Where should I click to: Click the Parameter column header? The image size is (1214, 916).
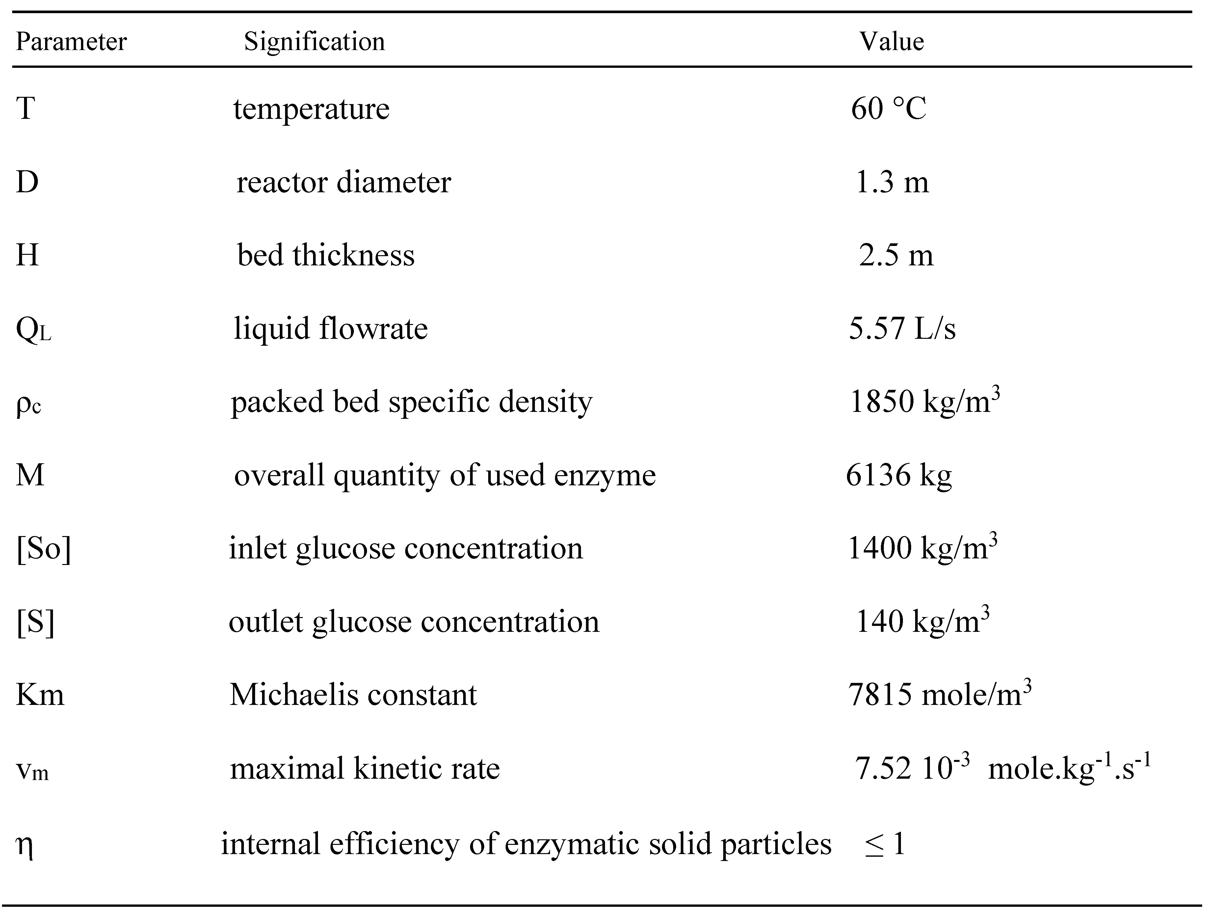pos(71,42)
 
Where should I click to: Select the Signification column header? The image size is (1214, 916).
pos(314,42)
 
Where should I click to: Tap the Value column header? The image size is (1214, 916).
pos(891,42)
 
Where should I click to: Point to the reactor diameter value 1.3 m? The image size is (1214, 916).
pos(892,182)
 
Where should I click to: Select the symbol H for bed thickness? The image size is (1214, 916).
pos(27,255)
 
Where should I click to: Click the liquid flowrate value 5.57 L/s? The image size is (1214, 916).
pos(902,328)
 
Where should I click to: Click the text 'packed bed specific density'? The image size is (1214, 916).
pos(411,402)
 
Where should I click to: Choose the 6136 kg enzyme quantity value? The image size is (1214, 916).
pos(898,475)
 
